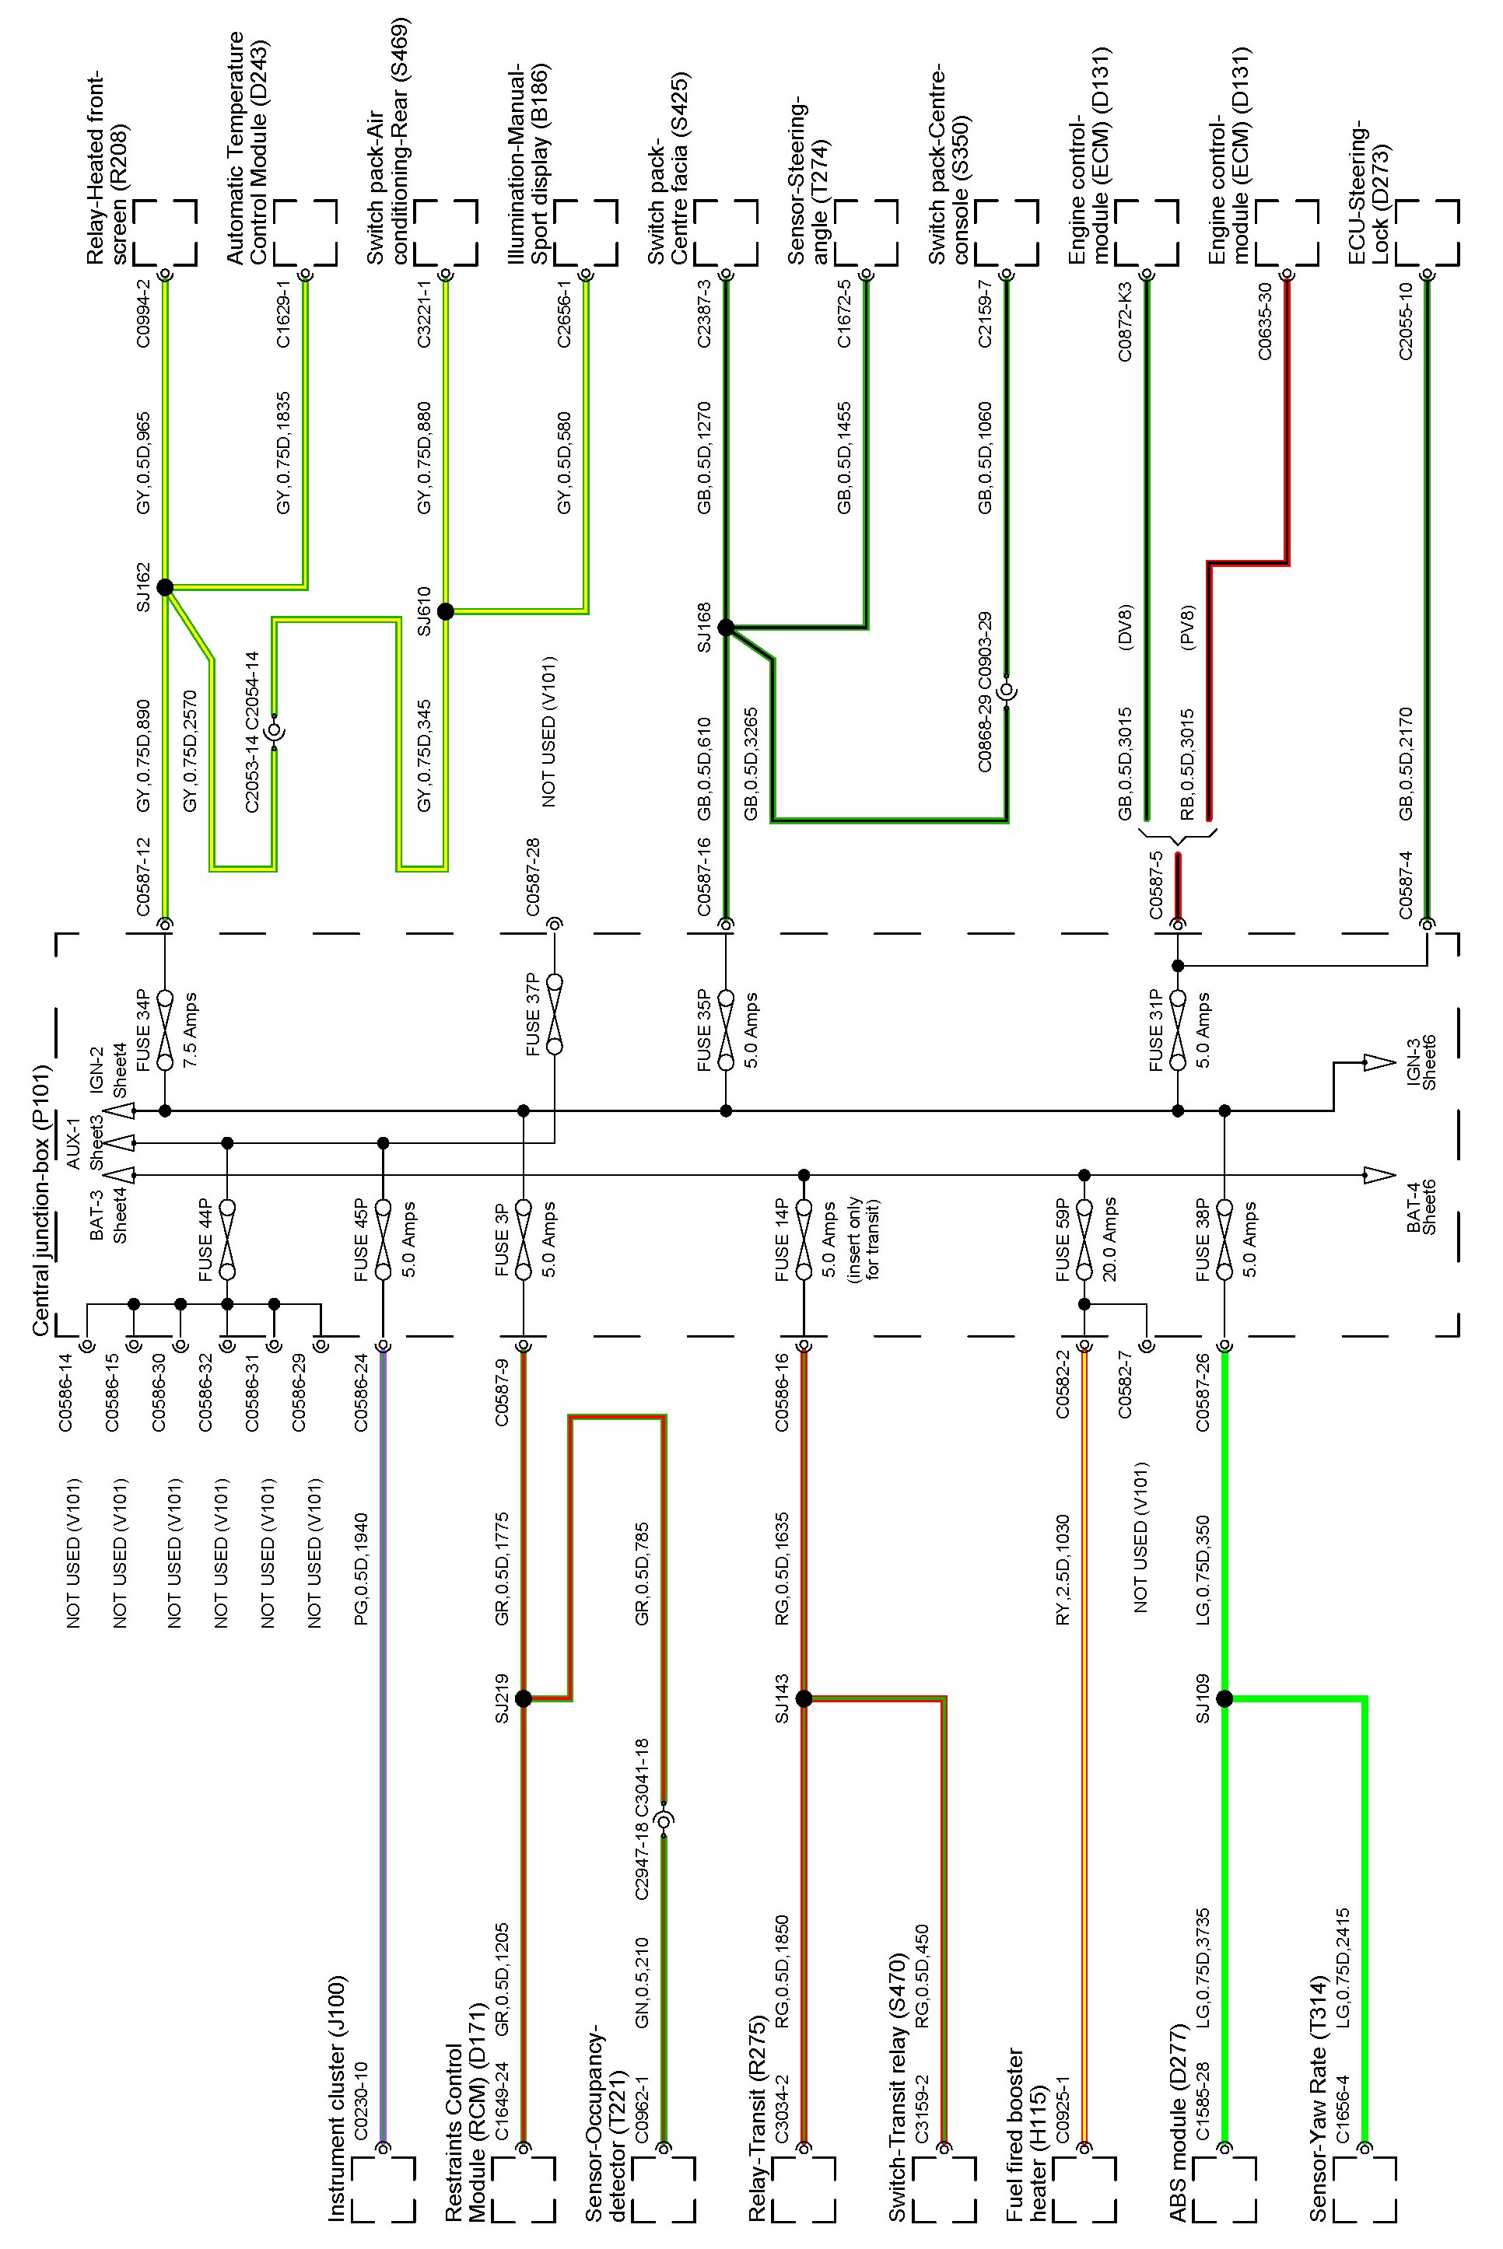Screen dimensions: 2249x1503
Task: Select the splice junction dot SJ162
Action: coord(164,587)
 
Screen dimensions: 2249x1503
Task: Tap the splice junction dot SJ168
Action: coord(726,628)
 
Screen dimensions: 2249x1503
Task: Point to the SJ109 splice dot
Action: coord(1224,1698)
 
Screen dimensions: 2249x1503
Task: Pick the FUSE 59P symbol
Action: coord(1084,1239)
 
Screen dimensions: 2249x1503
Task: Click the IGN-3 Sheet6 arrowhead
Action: coord(1379,1062)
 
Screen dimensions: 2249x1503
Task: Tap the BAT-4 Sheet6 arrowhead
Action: coord(1379,1175)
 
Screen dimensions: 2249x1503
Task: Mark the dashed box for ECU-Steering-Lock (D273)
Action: coord(1428,232)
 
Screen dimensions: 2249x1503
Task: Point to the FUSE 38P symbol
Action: coord(1224,1239)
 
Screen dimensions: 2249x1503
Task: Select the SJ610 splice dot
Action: coord(445,611)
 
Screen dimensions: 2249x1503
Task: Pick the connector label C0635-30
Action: coord(1265,321)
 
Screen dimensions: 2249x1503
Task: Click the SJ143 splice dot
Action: coord(804,1698)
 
